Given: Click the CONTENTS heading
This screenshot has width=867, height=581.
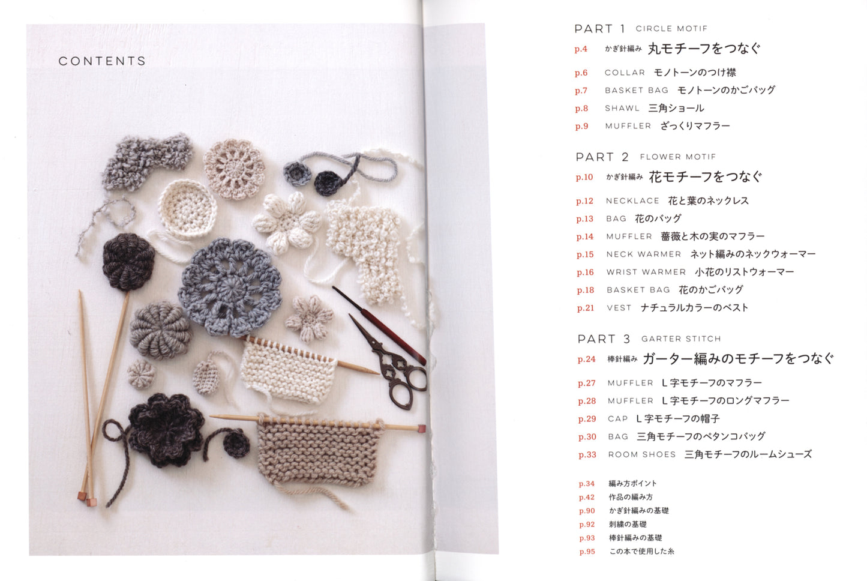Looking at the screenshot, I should click(102, 61).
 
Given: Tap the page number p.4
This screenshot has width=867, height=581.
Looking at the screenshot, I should click(581, 49).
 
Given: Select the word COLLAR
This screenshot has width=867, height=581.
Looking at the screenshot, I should click(625, 73).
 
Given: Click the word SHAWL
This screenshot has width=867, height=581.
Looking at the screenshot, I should click(622, 109).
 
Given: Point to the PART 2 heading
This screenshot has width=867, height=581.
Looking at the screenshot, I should click(602, 157).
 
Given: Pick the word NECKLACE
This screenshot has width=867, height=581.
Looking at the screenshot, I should click(632, 201).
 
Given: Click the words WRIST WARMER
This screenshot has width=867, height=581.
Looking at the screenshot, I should click(646, 272).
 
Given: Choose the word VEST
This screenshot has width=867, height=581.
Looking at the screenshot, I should click(619, 308).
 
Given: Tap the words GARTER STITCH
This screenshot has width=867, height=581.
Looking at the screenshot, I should click(681, 339).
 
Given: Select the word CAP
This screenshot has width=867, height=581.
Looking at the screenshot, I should click(617, 419).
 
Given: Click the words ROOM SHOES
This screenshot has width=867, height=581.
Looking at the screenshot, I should click(641, 454).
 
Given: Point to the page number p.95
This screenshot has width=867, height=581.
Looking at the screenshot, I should click(587, 552).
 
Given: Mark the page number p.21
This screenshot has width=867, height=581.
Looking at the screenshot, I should click(585, 308).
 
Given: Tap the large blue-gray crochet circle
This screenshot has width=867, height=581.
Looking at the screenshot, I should click(229, 286).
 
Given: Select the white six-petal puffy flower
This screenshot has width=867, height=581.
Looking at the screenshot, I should click(286, 222).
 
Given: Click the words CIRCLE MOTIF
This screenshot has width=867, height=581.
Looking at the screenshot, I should click(671, 29).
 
